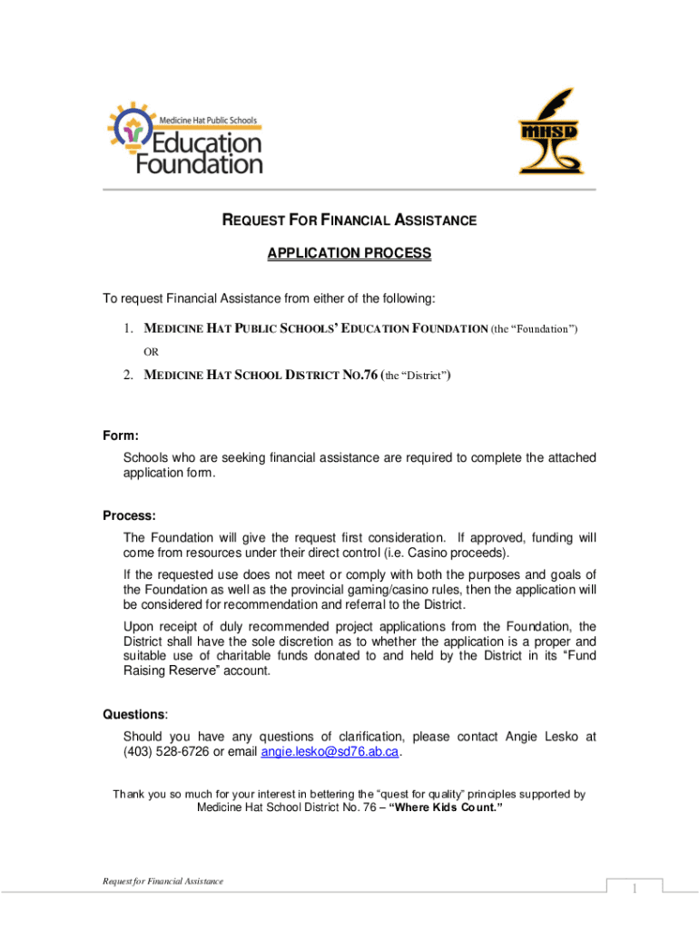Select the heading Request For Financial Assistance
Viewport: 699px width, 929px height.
point(349,220)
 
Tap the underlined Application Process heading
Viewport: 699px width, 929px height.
point(349,254)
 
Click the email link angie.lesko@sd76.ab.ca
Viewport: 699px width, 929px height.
point(330,752)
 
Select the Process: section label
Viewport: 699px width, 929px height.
point(129,515)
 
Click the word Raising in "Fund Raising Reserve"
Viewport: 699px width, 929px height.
point(148,670)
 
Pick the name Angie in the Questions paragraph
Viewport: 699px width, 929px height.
point(522,737)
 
